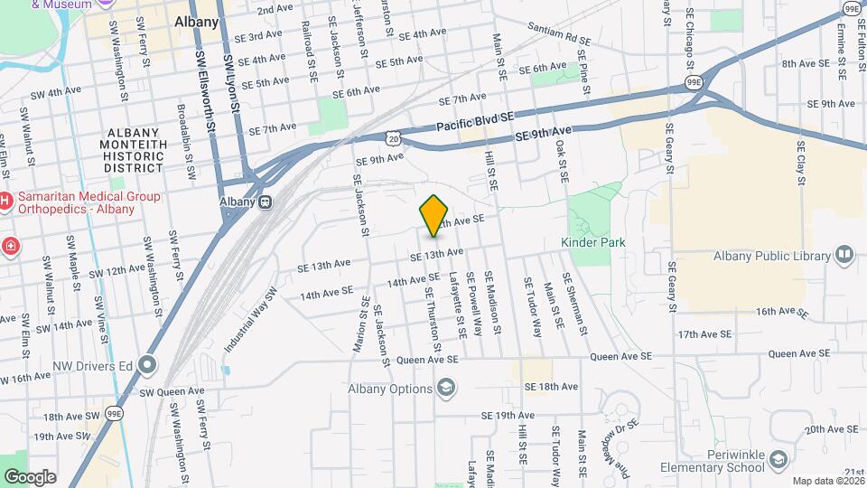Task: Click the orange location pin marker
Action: (434, 215)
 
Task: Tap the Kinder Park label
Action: (592, 242)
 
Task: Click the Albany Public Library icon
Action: (844, 255)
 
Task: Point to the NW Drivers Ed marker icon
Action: (147, 365)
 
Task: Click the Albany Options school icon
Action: (444, 389)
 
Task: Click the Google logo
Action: (29, 476)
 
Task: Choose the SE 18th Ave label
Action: (550, 387)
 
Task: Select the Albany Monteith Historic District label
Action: (134, 150)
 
